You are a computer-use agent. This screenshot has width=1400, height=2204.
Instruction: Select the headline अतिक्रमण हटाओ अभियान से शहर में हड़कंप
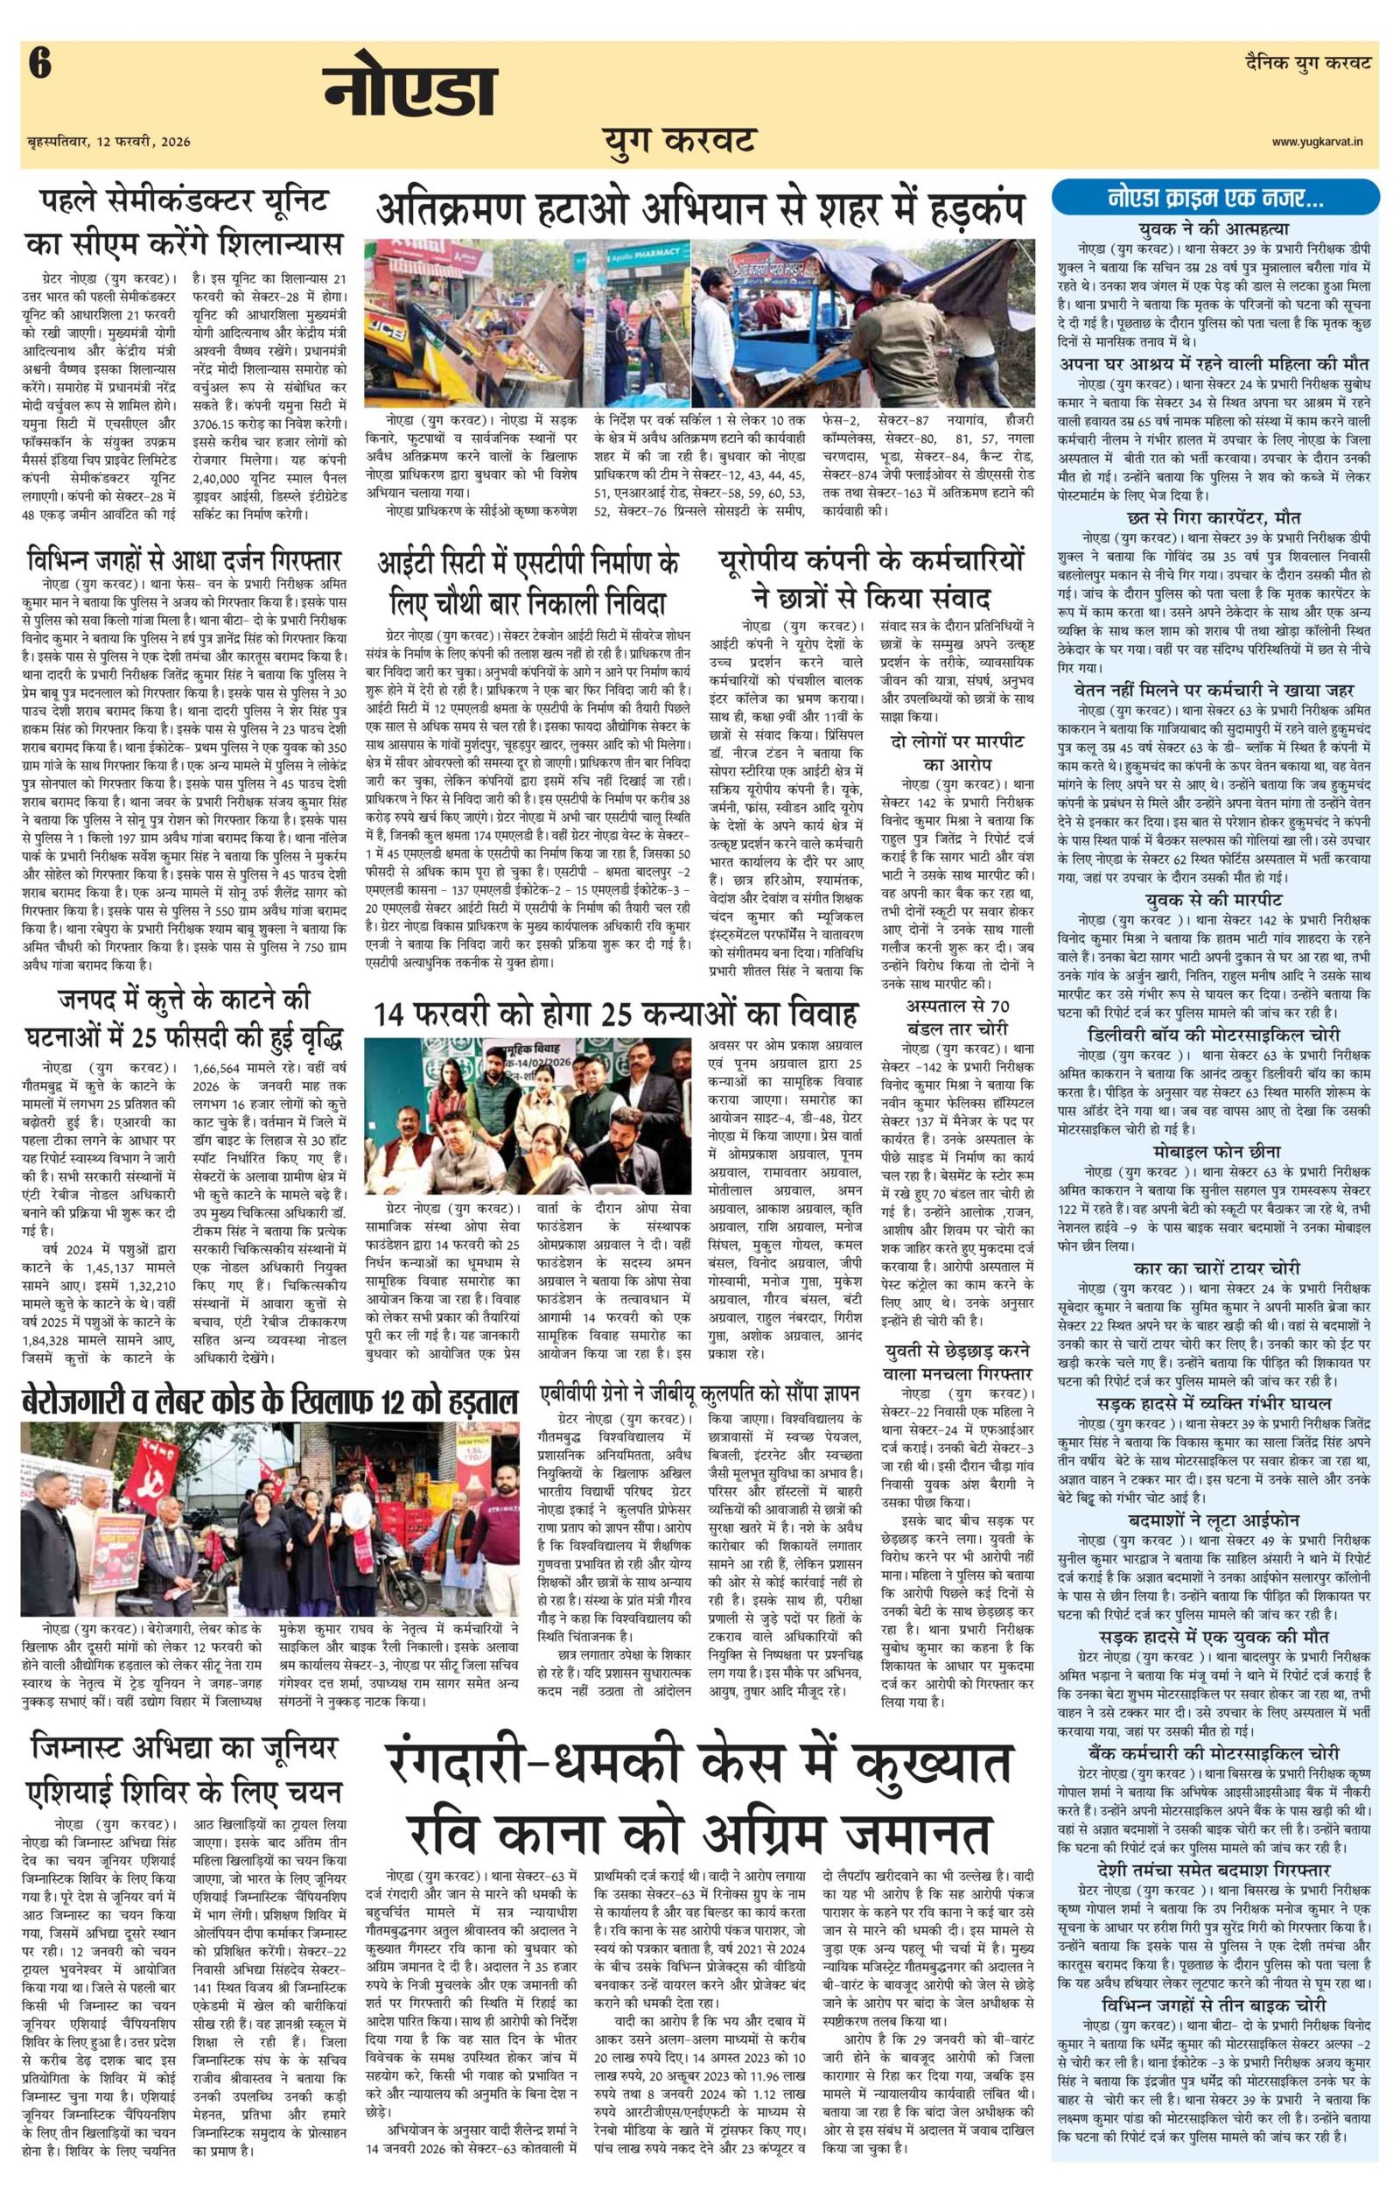click(699, 208)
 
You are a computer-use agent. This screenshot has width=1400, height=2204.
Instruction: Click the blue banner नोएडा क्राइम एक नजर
click(1200, 197)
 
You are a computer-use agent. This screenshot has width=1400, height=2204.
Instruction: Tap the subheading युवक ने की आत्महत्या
click(1201, 228)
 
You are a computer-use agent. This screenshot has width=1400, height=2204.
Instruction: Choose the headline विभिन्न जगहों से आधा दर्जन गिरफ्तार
click(184, 559)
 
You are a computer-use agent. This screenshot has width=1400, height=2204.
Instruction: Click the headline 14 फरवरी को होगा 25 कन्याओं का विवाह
click(615, 1014)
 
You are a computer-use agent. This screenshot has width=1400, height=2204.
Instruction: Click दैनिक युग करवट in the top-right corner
click(1308, 63)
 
